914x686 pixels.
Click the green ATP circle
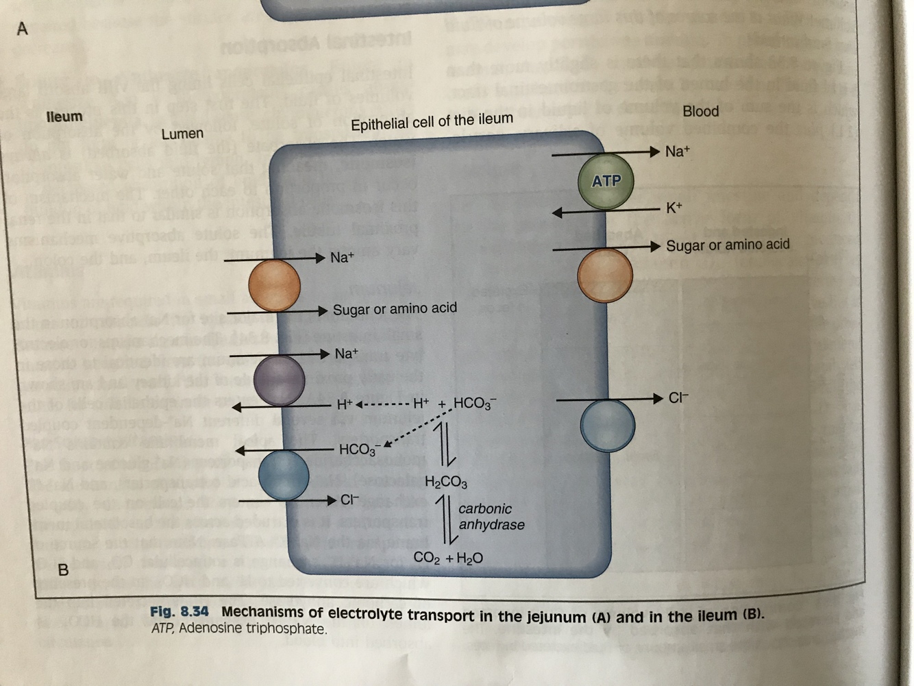(x=606, y=182)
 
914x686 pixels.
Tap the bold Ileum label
(x=64, y=117)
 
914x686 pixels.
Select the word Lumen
(x=182, y=134)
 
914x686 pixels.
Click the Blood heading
(x=700, y=111)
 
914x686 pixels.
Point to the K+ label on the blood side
(x=674, y=207)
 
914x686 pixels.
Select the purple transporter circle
(x=279, y=380)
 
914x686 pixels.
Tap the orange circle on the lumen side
(x=274, y=285)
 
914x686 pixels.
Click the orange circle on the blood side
(x=604, y=275)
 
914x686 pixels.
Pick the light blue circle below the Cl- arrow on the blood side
(x=607, y=426)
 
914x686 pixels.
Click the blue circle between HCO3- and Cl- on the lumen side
(x=284, y=475)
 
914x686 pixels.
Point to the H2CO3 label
(x=446, y=482)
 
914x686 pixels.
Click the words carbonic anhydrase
(x=491, y=517)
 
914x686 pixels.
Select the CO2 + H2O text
(x=448, y=558)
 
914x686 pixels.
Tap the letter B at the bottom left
(x=63, y=569)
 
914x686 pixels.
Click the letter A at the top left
(x=23, y=29)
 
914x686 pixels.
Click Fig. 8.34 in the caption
(x=179, y=611)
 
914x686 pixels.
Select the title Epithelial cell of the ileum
(x=432, y=122)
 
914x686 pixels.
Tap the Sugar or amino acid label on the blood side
(x=728, y=245)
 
